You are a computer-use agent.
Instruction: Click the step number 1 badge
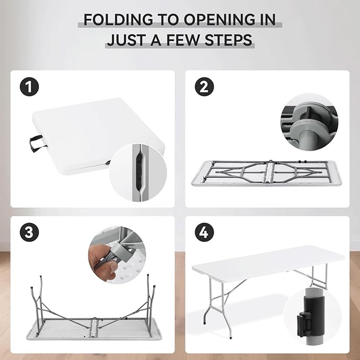point(29,87)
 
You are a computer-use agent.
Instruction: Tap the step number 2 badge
point(204,87)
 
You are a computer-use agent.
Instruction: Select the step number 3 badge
point(29,232)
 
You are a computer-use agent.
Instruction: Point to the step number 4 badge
point(204,232)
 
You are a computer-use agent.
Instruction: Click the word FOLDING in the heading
point(118,20)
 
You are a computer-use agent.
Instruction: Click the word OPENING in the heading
point(219,20)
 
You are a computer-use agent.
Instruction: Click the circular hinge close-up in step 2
point(309,122)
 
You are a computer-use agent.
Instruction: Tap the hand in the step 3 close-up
point(103,262)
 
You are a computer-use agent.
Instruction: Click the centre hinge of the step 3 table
point(94,327)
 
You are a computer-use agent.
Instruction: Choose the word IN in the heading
point(268,20)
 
